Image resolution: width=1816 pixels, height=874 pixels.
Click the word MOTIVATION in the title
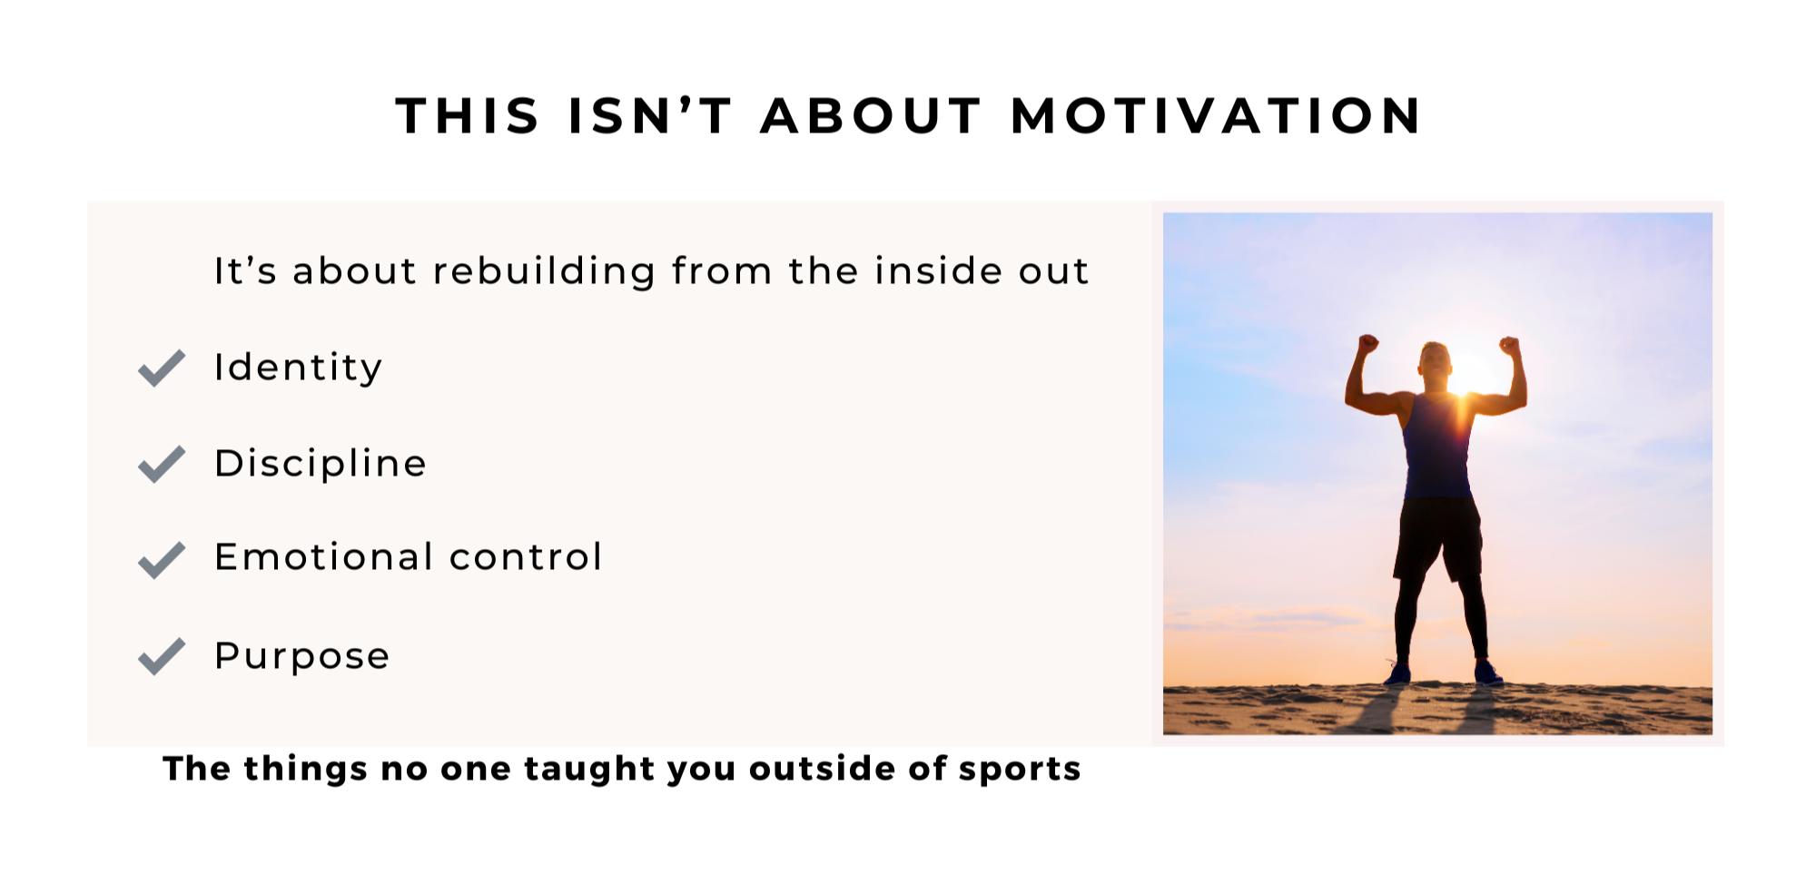pos(1216,116)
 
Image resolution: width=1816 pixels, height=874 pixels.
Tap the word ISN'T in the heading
pos(649,116)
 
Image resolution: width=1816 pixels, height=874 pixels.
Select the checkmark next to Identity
pos(162,368)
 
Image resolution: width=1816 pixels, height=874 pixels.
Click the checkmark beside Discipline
pos(162,464)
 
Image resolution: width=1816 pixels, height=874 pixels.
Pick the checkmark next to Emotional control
pos(162,559)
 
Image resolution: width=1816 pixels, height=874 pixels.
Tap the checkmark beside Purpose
pos(162,656)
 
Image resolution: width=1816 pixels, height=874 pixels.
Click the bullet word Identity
pos(298,368)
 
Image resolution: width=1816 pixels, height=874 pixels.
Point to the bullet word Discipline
pos(321,463)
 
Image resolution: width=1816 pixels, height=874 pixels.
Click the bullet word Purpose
pos(302,656)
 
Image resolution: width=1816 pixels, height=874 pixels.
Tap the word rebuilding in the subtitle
pos(544,271)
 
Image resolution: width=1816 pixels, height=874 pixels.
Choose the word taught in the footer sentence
pos(589,770)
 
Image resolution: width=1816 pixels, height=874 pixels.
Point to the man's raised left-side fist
pos(1367,344)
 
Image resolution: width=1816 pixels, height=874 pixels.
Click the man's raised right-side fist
pos(1509,345)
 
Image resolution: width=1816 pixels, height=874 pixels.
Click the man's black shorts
pos(1437,537)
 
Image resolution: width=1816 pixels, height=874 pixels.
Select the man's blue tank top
pos(1437,445)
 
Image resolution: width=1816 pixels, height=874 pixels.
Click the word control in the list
pos(526,556)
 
